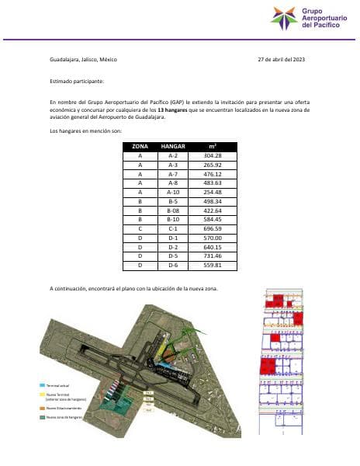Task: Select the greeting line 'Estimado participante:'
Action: (x=76, y=81)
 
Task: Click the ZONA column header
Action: (x=140, y=146)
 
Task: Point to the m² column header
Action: (x=213, y=146)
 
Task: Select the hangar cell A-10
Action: (x=173, y=191)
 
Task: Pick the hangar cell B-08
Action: (x=173, y=210)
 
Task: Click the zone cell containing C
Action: (x=140, y=228)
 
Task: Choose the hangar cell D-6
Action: (x=173, y=264)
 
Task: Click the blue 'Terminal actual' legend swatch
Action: (x=43, y=384)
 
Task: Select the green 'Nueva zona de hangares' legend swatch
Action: (x=43, y=418)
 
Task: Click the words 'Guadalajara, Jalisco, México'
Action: (x=83, y=60)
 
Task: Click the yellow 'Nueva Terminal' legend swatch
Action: (x=43, y=394)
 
